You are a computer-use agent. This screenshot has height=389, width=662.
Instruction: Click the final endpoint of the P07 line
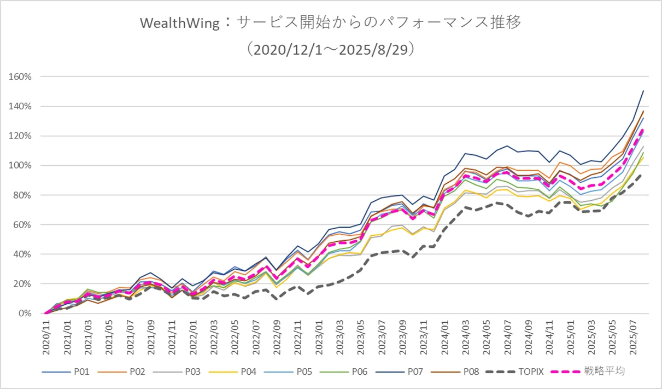point(643,91)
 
